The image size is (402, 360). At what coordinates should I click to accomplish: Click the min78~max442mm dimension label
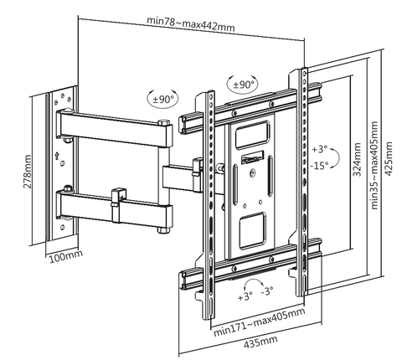[x=191, y=24]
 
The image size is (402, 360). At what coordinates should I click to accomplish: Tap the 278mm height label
[x=28, y=172]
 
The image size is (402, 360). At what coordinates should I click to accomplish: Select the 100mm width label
[x=66, y=255]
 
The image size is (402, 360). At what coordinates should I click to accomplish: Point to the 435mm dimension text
[x=260, y=342]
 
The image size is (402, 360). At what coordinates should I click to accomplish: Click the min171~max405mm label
[x=259, y=322]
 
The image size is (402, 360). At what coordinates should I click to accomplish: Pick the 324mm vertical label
[x=357, y=159]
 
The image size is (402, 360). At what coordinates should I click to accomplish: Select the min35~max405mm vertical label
[x=374, y=165]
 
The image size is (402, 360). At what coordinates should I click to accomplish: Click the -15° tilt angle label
[x=319, y=166]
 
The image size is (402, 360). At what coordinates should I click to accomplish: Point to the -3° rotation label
[x=267, y=291]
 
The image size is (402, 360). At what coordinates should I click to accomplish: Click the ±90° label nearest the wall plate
[x=162, y=99]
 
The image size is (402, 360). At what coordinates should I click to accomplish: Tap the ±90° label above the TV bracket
[x=243, y=84]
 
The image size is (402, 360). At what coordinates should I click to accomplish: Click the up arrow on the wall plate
[x=57, y=155]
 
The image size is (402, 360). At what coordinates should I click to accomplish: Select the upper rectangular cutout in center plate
[x=252, y=135]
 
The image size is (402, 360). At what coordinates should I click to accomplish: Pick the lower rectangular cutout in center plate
[x=252, y=230]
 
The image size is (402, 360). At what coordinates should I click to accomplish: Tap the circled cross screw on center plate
[x=253, y=173]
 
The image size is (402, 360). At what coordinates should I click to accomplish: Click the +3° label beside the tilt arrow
[x=319, y=150]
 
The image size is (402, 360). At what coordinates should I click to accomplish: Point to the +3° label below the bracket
[x=245, y=296]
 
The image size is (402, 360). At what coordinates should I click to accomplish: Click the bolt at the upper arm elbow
[x=164, y=123]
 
